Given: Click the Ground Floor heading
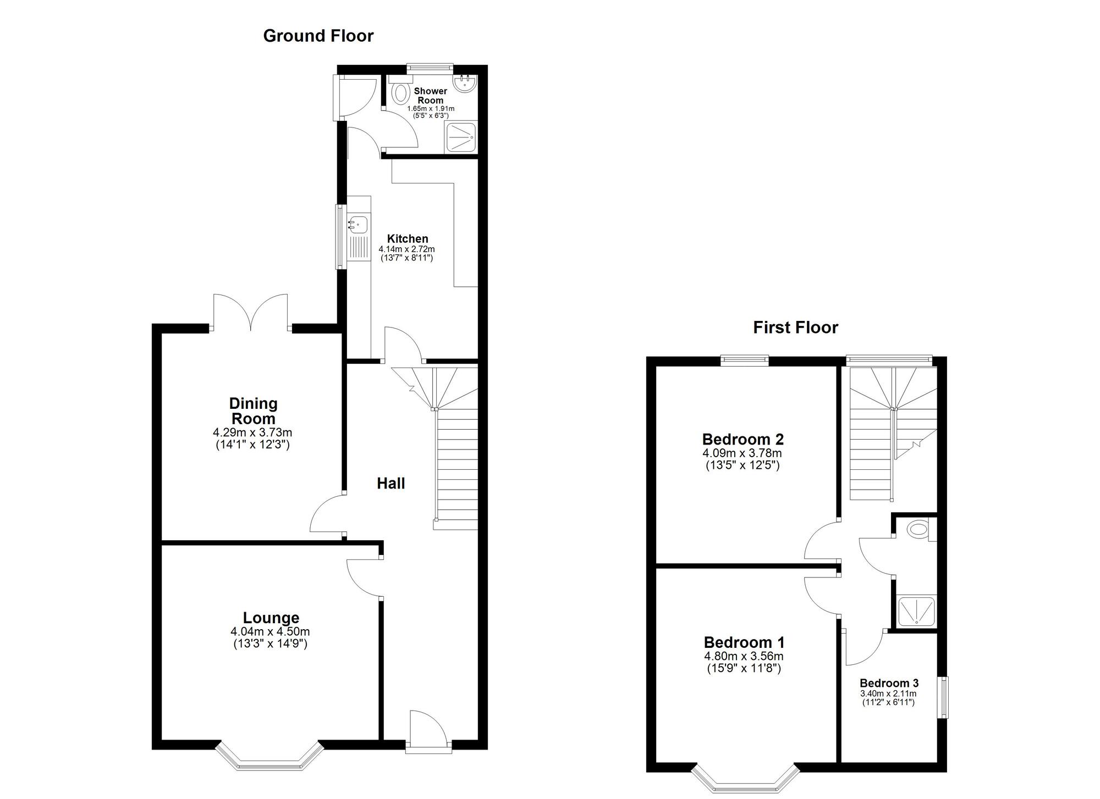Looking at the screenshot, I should [x=318, y=36].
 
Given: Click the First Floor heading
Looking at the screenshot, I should [x=795, y=328].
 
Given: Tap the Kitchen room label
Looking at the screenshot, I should [x=407, y=238].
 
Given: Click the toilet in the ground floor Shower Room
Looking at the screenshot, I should [x=401, y=92].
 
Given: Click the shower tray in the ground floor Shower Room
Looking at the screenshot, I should [x=461, y=137].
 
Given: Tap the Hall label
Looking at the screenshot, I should [x=391, y=483].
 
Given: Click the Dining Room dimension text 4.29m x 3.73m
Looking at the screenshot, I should [x=252, y=432].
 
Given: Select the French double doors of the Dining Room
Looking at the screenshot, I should [x=251, y=313].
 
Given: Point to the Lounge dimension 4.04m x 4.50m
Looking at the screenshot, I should [x=270, y=632].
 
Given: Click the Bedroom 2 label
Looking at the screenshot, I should [x=743, y=439].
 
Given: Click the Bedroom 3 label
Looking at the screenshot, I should [x=889, y=683].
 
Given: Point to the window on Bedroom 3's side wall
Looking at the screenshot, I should [x=944, y=697].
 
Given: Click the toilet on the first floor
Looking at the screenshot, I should [x=917, y=530].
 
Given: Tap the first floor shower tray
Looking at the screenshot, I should [x=916, y=612].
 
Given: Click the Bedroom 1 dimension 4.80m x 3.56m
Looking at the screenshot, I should [x=744, y=656].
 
